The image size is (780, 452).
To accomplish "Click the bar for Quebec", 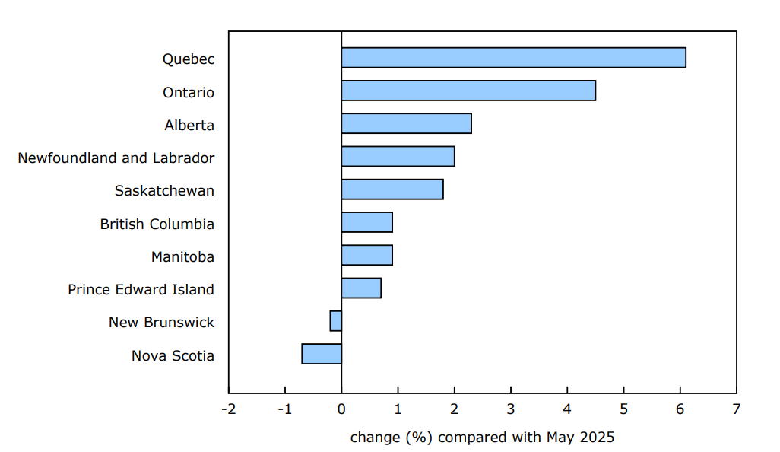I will (x=513, y=58).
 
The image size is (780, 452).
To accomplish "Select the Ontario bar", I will (x=468, y=91).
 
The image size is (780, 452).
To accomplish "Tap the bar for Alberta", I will (x=406, y=123).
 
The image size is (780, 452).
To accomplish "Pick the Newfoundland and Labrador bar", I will (x=398, y=156).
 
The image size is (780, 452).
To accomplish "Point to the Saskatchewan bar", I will (x=392, y=189).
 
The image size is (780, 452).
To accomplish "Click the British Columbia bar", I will (x=366, y=222).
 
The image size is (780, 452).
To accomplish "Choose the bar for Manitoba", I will (x=366, y=255).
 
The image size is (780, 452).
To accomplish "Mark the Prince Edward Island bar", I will (x=361, y=288).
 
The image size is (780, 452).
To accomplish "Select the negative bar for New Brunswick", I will (x=336, y=321).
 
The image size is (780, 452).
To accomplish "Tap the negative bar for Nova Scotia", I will (x=322, y=354).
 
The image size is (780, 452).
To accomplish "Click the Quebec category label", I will (x=189, y=59).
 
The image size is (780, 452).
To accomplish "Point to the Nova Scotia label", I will (x=173, y=356).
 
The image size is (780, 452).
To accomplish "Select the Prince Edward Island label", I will (x=141, y=290).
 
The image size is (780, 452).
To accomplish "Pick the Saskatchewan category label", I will (x=164, y=191).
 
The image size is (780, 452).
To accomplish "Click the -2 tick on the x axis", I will (x=228, y=409).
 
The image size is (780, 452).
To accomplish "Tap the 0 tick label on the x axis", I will (x=341, y=409).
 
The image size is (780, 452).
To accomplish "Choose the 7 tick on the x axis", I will (x=736, y=409).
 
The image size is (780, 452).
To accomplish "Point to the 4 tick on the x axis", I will (x=567, y=409).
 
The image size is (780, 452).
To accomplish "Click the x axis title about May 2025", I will (x=482, y=438).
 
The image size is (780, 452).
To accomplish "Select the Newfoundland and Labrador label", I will (x=116, y=158).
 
